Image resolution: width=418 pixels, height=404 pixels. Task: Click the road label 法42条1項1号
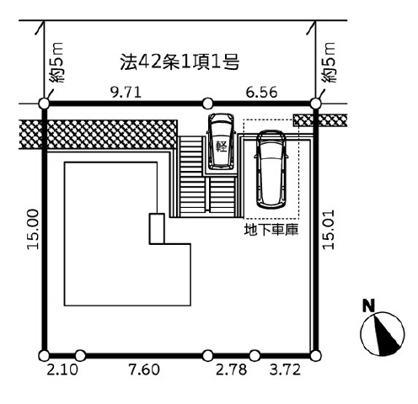pos(180,61)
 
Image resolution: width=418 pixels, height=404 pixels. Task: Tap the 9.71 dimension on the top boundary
pos(126,93)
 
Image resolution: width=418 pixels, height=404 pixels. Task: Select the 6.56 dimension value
pos(262,93)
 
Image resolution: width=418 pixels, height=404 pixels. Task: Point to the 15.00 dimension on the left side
pos(33,229)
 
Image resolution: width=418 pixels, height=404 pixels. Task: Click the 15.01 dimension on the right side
pos(328,229)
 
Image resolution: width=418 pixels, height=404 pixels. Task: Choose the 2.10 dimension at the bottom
pos(62,369)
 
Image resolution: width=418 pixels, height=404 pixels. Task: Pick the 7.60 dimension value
pos(144,369)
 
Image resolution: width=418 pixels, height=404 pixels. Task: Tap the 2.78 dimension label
pos(232,369)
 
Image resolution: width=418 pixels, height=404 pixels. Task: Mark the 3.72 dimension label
pos(285,369)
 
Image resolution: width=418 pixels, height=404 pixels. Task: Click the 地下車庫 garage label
pos(271,230)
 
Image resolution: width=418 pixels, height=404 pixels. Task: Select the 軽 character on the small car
pos(222,146)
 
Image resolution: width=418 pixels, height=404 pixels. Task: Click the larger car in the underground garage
pos(271,170)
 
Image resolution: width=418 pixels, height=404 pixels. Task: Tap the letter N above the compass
pos(369,306)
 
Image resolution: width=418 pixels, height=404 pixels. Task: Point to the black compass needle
pos(385,334)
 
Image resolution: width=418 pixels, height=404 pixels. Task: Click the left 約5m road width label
pos(56,62)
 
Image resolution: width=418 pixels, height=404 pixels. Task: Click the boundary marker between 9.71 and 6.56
pos(207,104)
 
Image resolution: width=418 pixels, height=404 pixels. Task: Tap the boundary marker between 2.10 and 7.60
pos(80,355)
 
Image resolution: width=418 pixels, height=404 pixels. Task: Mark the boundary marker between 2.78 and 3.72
pos(255,355)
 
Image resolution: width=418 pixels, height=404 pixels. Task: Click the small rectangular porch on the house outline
pos(157,229)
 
